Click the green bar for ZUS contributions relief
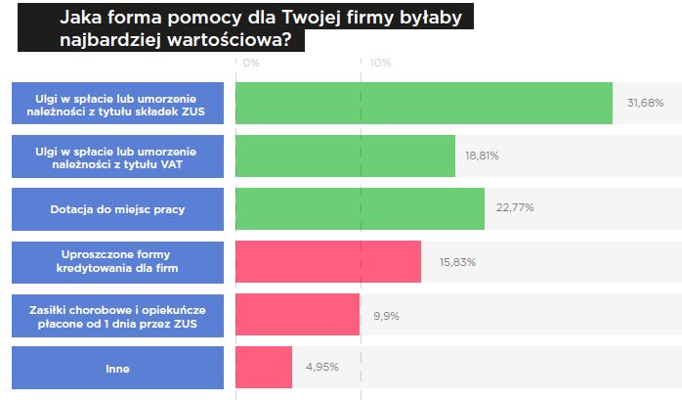click(x=423, y=103)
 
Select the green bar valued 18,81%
click(x=345, y=156)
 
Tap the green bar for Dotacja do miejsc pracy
click(x=360, y=208)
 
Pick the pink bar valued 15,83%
click(x=327, y=261)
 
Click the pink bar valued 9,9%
click(x=298, y=314)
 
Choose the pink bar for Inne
click(x=264, y=367)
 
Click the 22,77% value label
click(x=514, y=208)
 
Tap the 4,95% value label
click(x=321, y=368)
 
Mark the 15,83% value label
click(x=450, y=261)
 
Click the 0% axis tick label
click(x=251, y=63)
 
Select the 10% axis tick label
click(x=379, y=63)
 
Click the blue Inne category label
click(x=118, y=368)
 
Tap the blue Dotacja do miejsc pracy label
click(x=118, y=209)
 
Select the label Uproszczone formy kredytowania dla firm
click(x=118, y=261)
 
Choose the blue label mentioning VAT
click(x=118, y=156)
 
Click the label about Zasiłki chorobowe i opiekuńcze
click(x=118, y=314)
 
